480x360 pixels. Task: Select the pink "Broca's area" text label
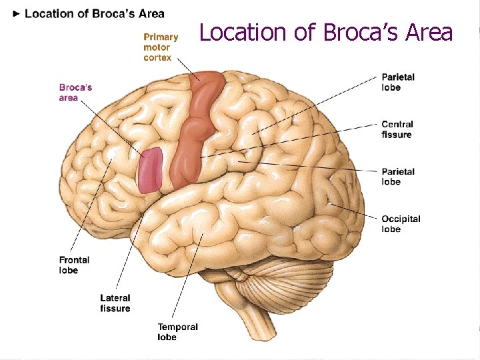pos(75,93)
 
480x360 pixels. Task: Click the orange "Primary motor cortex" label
pos(161,47)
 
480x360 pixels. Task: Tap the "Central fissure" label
pos(397,129)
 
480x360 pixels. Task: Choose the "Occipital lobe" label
pos(401,224)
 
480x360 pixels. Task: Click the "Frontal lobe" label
pos(73,265)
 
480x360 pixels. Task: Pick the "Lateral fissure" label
pos(115,303)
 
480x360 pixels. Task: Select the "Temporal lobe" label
pos(177,332)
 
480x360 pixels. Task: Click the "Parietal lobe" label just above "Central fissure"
pos(398,82)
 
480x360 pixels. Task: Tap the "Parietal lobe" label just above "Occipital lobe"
pos(398,177)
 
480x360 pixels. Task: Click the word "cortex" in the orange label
pos(157,58)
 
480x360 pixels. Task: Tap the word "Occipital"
pos(401,219)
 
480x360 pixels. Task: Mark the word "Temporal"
pos(177,327)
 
